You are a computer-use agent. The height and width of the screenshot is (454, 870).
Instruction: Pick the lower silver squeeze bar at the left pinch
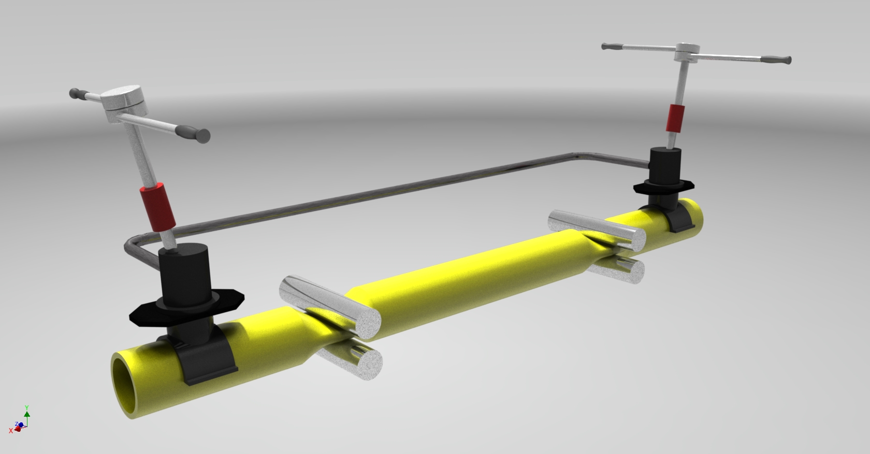[357, 363]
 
